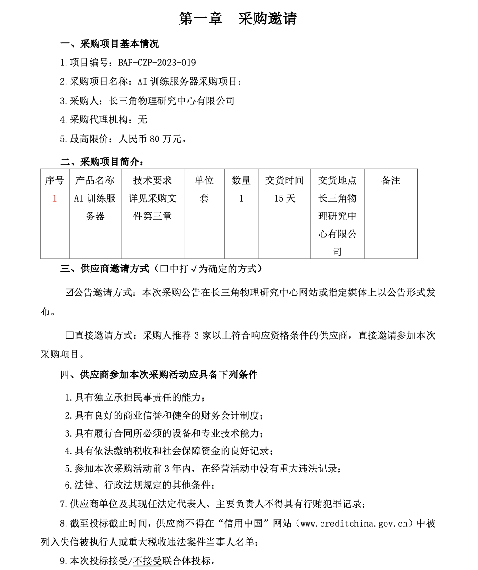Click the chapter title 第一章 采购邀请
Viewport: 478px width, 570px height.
(238, 19)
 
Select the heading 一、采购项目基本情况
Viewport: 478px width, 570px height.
(109, 44)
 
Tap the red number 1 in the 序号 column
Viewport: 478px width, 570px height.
(55, 198)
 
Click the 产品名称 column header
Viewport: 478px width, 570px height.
(95, 180)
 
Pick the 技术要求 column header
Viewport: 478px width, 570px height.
(152, 180)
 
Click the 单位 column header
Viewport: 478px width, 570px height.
(204, 180)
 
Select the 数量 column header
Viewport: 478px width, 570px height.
(241, 180)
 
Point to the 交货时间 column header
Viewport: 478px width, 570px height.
(284, 180)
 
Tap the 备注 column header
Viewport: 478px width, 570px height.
(391, 180)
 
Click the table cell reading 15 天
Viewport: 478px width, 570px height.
(284, 198)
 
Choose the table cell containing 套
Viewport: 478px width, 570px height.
(204, 198)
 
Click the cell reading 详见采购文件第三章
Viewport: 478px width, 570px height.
(152, 207)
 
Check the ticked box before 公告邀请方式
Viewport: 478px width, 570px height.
(69, 293)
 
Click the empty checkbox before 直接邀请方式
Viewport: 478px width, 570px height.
(69, 335)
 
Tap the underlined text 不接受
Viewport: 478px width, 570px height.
(148, 561)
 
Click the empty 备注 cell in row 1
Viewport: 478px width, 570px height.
(391, 222)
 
